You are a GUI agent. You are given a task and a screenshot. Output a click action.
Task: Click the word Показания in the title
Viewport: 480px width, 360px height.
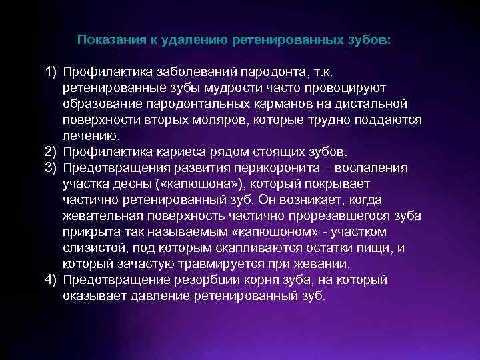click(109, 40)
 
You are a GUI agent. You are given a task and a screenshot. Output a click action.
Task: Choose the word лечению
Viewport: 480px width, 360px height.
click(92, 135)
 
